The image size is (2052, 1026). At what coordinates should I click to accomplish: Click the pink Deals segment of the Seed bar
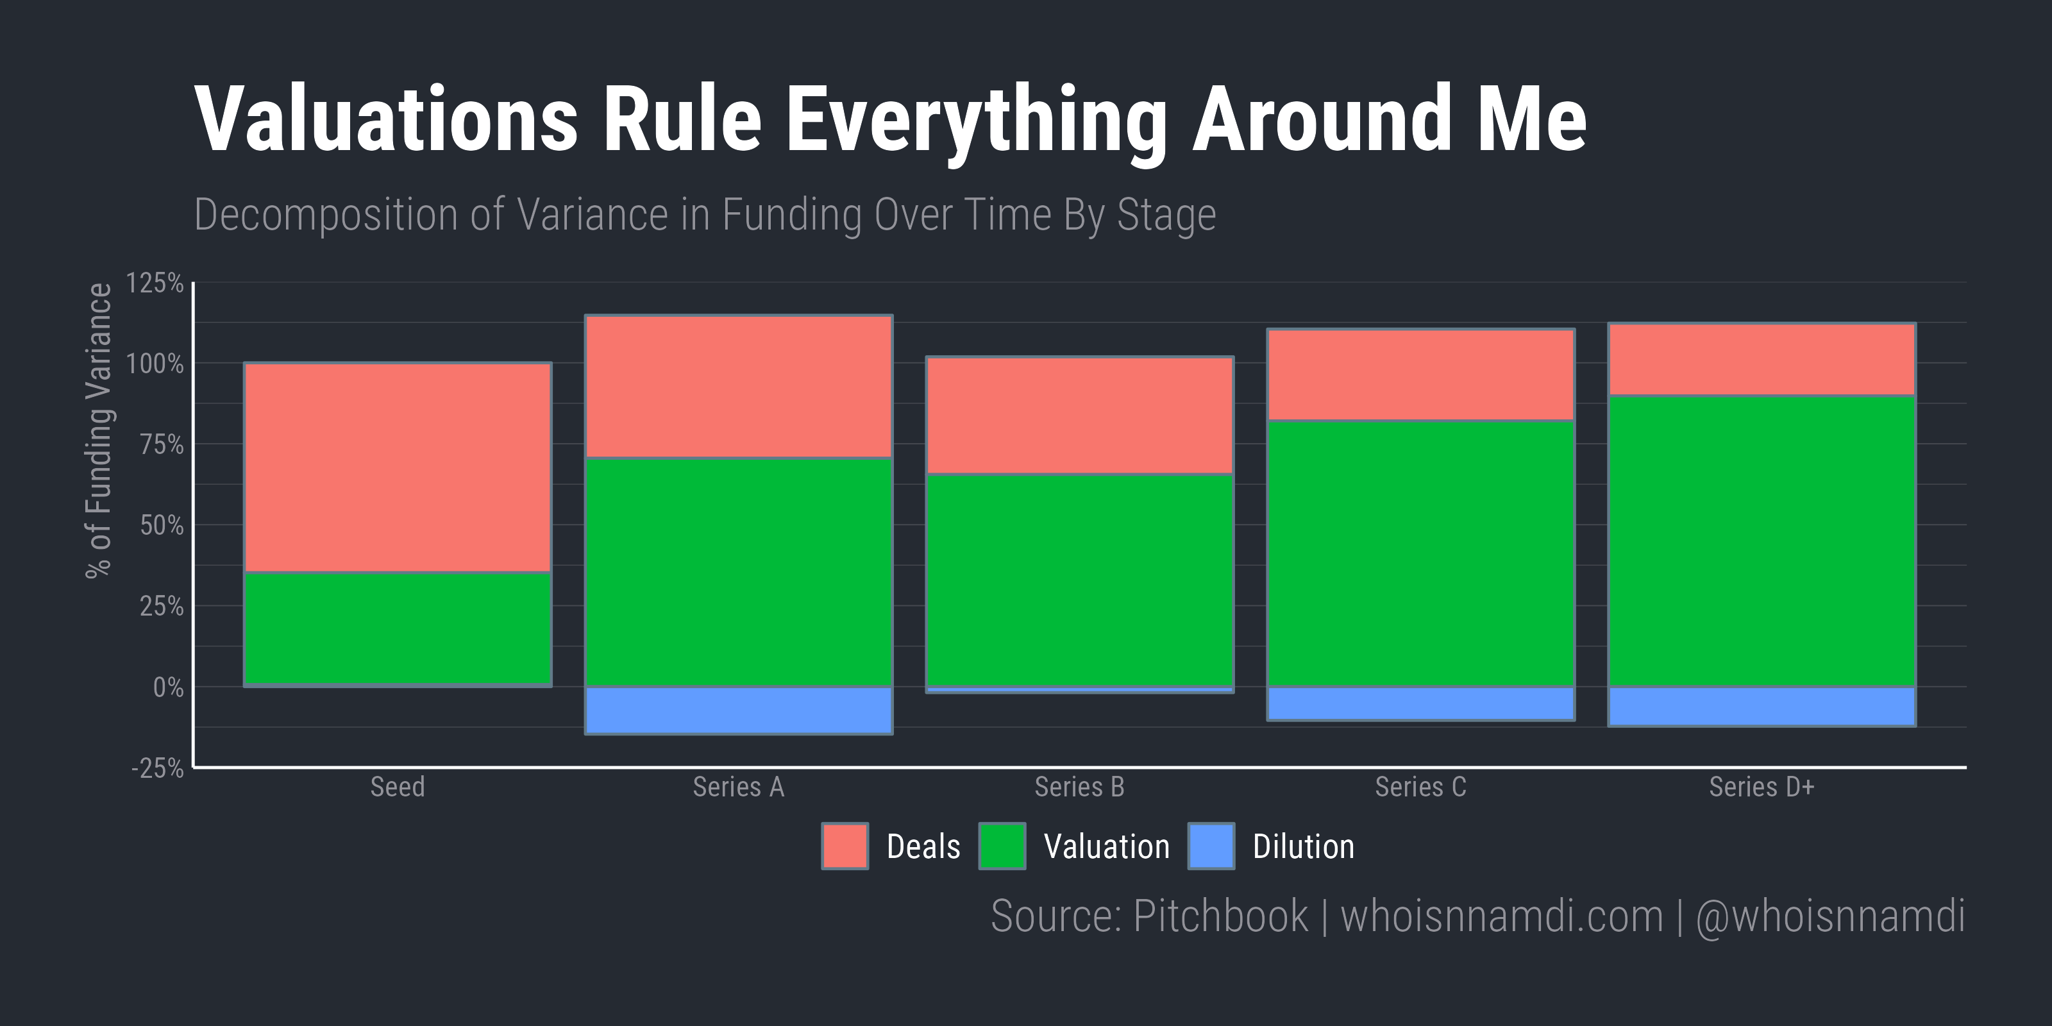pos(398,467)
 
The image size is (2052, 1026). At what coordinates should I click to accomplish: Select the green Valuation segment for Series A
pos(739,572)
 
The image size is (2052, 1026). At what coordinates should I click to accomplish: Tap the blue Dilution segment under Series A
pos(739,711)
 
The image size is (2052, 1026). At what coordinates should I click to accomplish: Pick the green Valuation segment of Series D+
pos(1762,541)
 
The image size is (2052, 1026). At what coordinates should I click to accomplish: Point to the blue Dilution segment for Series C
pos(1421,704)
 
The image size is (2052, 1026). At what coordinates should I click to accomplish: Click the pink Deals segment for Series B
pos(1080,415)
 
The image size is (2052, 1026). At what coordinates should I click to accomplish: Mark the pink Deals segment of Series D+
pos(1762,359)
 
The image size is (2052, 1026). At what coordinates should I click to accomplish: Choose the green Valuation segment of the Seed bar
pos(398,629)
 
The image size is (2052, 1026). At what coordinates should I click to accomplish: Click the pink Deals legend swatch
pos(845,846)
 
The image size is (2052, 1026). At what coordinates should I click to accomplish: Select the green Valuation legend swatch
pos(1002,846)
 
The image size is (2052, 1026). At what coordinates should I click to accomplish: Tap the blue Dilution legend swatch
pos(1211,846)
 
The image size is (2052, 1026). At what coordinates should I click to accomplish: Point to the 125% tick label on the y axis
pos(155,283)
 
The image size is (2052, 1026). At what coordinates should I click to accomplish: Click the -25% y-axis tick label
pos(158,769)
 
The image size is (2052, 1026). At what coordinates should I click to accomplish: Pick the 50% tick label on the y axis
pos(162,526)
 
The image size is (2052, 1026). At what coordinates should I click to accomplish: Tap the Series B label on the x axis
pos(1079,787)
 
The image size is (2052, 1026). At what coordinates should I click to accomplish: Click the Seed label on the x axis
pos(398,787)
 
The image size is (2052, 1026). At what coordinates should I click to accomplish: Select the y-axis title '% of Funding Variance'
pos(99,430)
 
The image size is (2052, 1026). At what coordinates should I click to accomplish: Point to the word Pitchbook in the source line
pos(1220,916)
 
